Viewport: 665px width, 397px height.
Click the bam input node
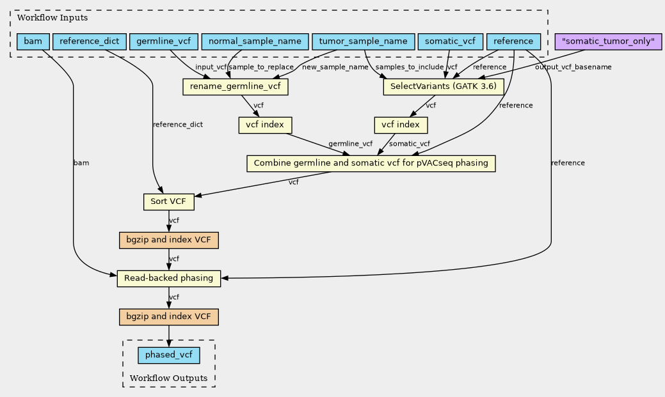click(32, 42)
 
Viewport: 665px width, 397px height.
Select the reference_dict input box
click(88, 42)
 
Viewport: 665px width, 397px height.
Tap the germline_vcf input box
click(163, 42)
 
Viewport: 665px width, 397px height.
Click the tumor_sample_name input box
click(363, 42)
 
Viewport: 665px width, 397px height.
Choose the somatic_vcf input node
click(450, 42)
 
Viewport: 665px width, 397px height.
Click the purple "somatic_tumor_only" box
click(608, 42)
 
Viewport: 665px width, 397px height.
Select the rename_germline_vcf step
click(236, 86)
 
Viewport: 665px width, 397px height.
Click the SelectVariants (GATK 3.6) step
click(444, 86)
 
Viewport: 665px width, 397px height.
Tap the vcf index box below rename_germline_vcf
click(265, 125)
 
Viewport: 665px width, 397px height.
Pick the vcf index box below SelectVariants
click(401, 125)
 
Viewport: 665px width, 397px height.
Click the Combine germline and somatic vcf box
click(371, 164)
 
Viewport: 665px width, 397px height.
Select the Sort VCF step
click(168, 202)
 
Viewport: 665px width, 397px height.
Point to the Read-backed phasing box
click(169, 279)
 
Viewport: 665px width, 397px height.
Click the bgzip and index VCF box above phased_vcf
click(169, 317)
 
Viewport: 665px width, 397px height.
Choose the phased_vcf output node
click(169, 355)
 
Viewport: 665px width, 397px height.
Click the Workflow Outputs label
click(168, 378)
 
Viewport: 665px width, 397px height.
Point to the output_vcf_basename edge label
click(573, 67)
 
